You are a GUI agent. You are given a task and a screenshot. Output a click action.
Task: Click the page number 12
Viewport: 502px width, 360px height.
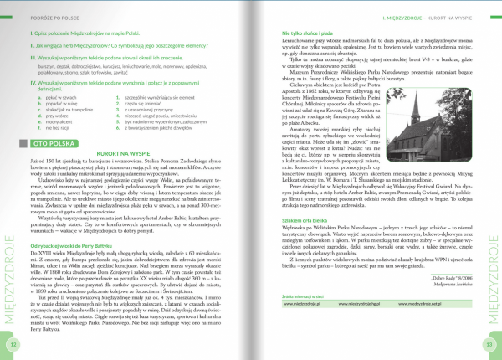coord(11,345)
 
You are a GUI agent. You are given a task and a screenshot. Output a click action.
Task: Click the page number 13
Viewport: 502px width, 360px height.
coord(491,345)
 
